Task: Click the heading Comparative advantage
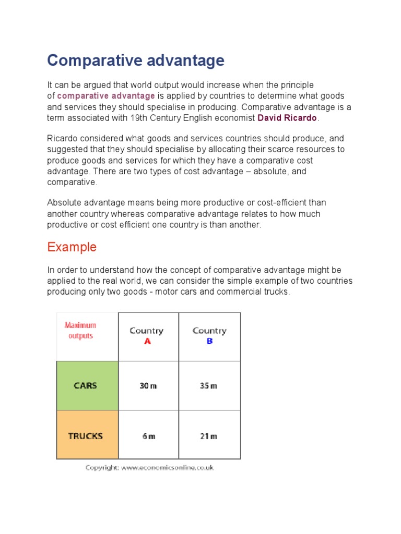click(136, 60)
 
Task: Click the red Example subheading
click(72, 247)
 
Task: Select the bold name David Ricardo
click(287, 118)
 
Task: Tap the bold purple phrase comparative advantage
click(106, 96)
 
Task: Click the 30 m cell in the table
click(148, 386)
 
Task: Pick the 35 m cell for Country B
click(209, 386)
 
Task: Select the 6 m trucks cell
click(148, 436)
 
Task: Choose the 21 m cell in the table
click(209, 436)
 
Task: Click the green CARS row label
click(86, 386)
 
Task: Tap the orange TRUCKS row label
click(86, 436)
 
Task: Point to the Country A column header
click(147, 336)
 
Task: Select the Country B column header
click(209, 336)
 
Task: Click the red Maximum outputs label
click(80, 331)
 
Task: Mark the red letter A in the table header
click(147, 342)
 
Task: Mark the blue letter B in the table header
click(209, 342)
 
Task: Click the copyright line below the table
click(149, 468)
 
